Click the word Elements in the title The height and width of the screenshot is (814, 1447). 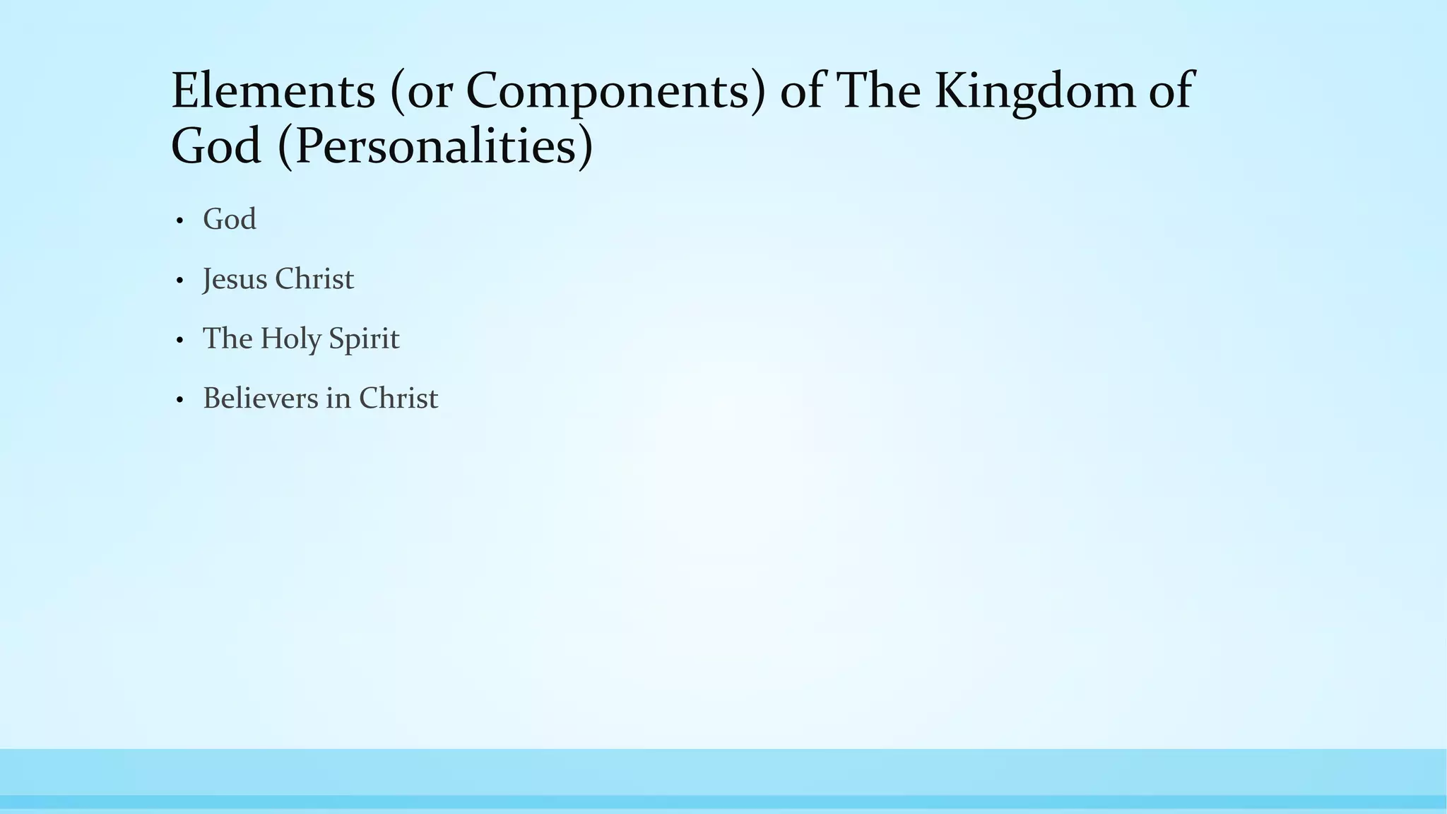pyautogui.click(x=273, y=92)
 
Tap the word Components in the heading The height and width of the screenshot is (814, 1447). pyautogui.click(x=611, y=92)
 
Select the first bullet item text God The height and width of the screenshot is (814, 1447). pyautogui.click(x=229, y=220)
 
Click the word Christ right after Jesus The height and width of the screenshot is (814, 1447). pyautogui.click(x=314, y=279)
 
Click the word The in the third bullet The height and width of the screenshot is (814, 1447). pyautogui.click(x=228, y=338)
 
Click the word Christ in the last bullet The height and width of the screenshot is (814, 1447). pyautogui.click(x=398, y=399)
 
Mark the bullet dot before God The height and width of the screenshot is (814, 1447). pyautogui.click(x=179, y=222)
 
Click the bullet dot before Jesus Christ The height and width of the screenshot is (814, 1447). pyautogui.click(x=179, y=281)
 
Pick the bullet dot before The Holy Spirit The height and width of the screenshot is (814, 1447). pyautogui.click(x=179, y=341)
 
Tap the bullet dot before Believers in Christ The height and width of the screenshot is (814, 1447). pyautogui.click(x=179, y=401)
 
